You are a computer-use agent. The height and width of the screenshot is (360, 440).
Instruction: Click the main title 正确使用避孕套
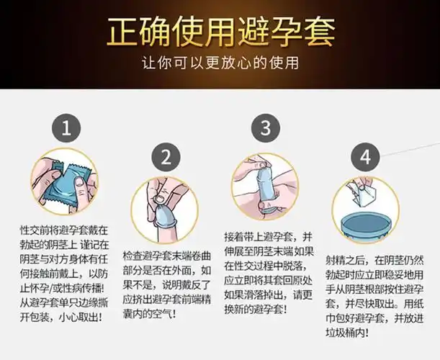[220, 32]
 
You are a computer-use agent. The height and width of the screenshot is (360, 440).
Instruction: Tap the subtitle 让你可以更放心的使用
[220, 63]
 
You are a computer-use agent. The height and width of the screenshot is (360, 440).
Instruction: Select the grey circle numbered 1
[66, 130]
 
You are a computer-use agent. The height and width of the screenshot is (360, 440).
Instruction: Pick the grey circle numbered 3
[266, 130]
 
